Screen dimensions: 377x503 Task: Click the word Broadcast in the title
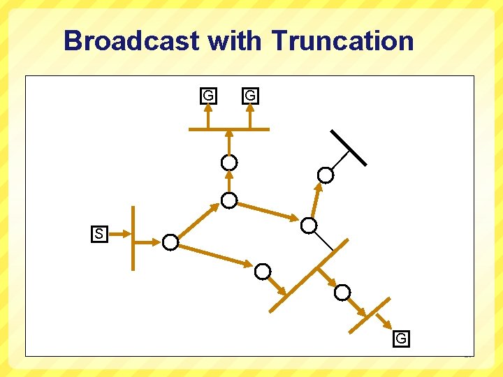coord(132,40)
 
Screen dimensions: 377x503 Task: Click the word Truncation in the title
coord(342,40)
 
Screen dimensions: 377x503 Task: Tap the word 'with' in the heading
coord(235,40)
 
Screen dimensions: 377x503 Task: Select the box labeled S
coord(99,234)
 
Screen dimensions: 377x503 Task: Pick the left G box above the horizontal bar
coord(207,95)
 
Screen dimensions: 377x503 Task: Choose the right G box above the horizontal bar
coord(250,95)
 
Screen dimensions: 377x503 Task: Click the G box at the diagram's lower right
coord(401,339)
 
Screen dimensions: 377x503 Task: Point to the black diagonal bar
coord(349,147)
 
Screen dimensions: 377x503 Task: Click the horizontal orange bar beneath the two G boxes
coord(229,129)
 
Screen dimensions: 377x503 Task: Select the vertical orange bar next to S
coord(133,237)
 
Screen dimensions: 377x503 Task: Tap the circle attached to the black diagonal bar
coord(326,175)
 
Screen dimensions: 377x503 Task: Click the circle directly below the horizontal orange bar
coord(229,163)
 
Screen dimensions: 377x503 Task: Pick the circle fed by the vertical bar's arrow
coord(170,242)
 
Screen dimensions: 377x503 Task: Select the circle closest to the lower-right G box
coord(342,293)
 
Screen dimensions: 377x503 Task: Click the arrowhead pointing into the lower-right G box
coord(388,323)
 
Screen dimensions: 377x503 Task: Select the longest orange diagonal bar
coord(309,275)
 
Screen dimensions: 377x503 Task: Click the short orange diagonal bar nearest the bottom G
coord(370,316)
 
